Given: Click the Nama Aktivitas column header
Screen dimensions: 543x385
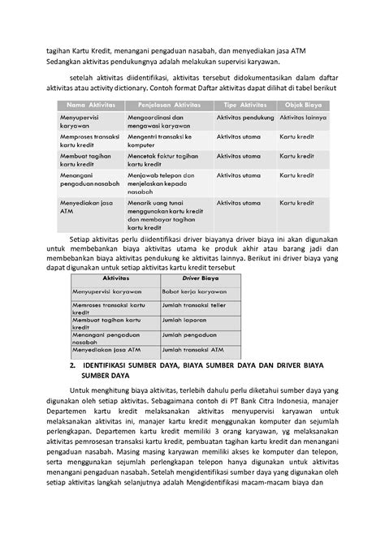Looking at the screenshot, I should pyautogui.click(x=86, y=104).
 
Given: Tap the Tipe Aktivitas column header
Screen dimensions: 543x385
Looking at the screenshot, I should pyautogui.click(x=245, y=104).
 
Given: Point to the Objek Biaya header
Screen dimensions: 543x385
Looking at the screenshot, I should pyautogui.click(x=306, y=104).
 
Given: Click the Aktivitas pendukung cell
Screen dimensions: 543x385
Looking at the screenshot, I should pyautogui.click(x=245, y=119).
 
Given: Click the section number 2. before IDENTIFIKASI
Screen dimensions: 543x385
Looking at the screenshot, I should pyautogui.click(x=73, y=367).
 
